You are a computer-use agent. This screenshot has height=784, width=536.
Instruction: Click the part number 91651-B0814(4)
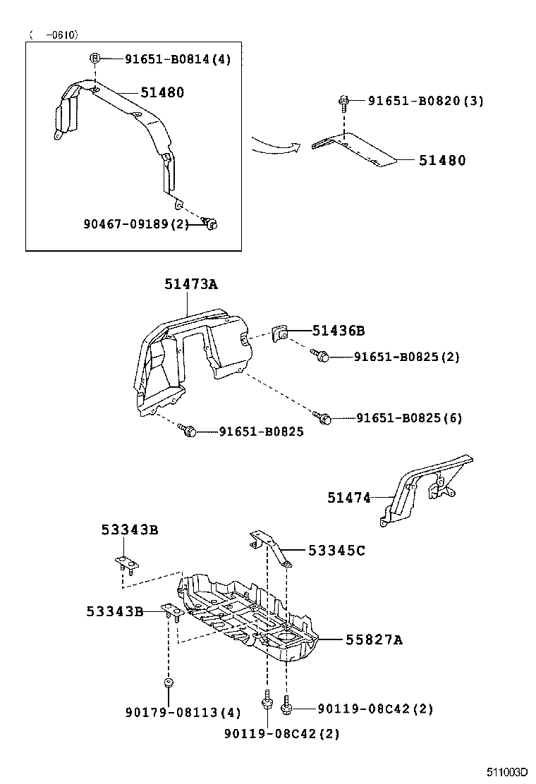coord(178,59)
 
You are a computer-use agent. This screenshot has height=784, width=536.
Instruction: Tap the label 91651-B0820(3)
coord(425,101)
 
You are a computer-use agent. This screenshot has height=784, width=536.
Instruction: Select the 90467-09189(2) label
coord(136,223)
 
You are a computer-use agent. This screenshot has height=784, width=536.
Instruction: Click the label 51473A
coord(191,285)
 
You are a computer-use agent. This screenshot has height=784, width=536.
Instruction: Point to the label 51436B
coord(339,330)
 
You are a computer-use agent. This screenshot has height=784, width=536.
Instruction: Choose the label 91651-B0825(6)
coord(408,418)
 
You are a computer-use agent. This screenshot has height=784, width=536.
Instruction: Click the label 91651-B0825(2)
coord(406,357)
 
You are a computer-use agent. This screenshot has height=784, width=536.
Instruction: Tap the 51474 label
coord(348,498)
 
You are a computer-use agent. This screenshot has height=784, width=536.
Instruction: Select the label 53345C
coord(336,551)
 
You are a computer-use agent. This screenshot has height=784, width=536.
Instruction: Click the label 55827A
coord(374,639)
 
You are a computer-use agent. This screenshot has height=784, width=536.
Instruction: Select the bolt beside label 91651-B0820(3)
coord(344,104)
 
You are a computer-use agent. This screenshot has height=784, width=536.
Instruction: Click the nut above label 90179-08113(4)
coord(169,682)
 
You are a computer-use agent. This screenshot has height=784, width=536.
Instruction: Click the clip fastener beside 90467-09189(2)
coord(210,223)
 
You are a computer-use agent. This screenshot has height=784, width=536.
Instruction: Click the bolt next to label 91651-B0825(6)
coord(325,419)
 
